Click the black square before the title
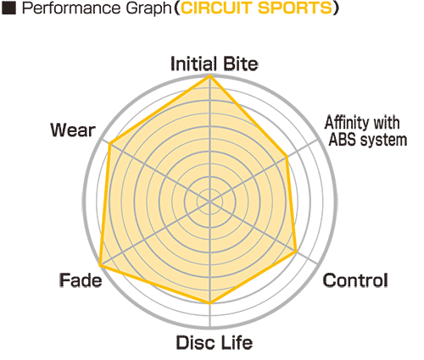(x=8, y=8)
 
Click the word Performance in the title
(x=72, y=8)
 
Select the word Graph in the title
(x=148, y=9)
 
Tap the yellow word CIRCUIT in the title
(x=217, y=8)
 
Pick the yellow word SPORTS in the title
(x=294, y=8)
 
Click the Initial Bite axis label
(x=215, y=64)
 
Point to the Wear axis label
(x=73, y=130)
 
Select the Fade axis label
(x=81, y=280)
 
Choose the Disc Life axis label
(x=215, y=342)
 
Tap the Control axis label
(x=355, y=280)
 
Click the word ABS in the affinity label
(x=343, y=140)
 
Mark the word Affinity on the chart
(x=346, y=123)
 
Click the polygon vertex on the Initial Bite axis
(x=209, y=75)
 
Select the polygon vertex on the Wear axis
(x=110, y=144)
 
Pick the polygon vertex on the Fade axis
(x=100, y=265)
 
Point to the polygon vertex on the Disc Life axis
(x=209, y=303)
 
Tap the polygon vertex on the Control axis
(x=296, y=251)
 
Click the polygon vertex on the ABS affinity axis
(x=287, y=157)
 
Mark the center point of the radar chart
(x=209, y=202)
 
